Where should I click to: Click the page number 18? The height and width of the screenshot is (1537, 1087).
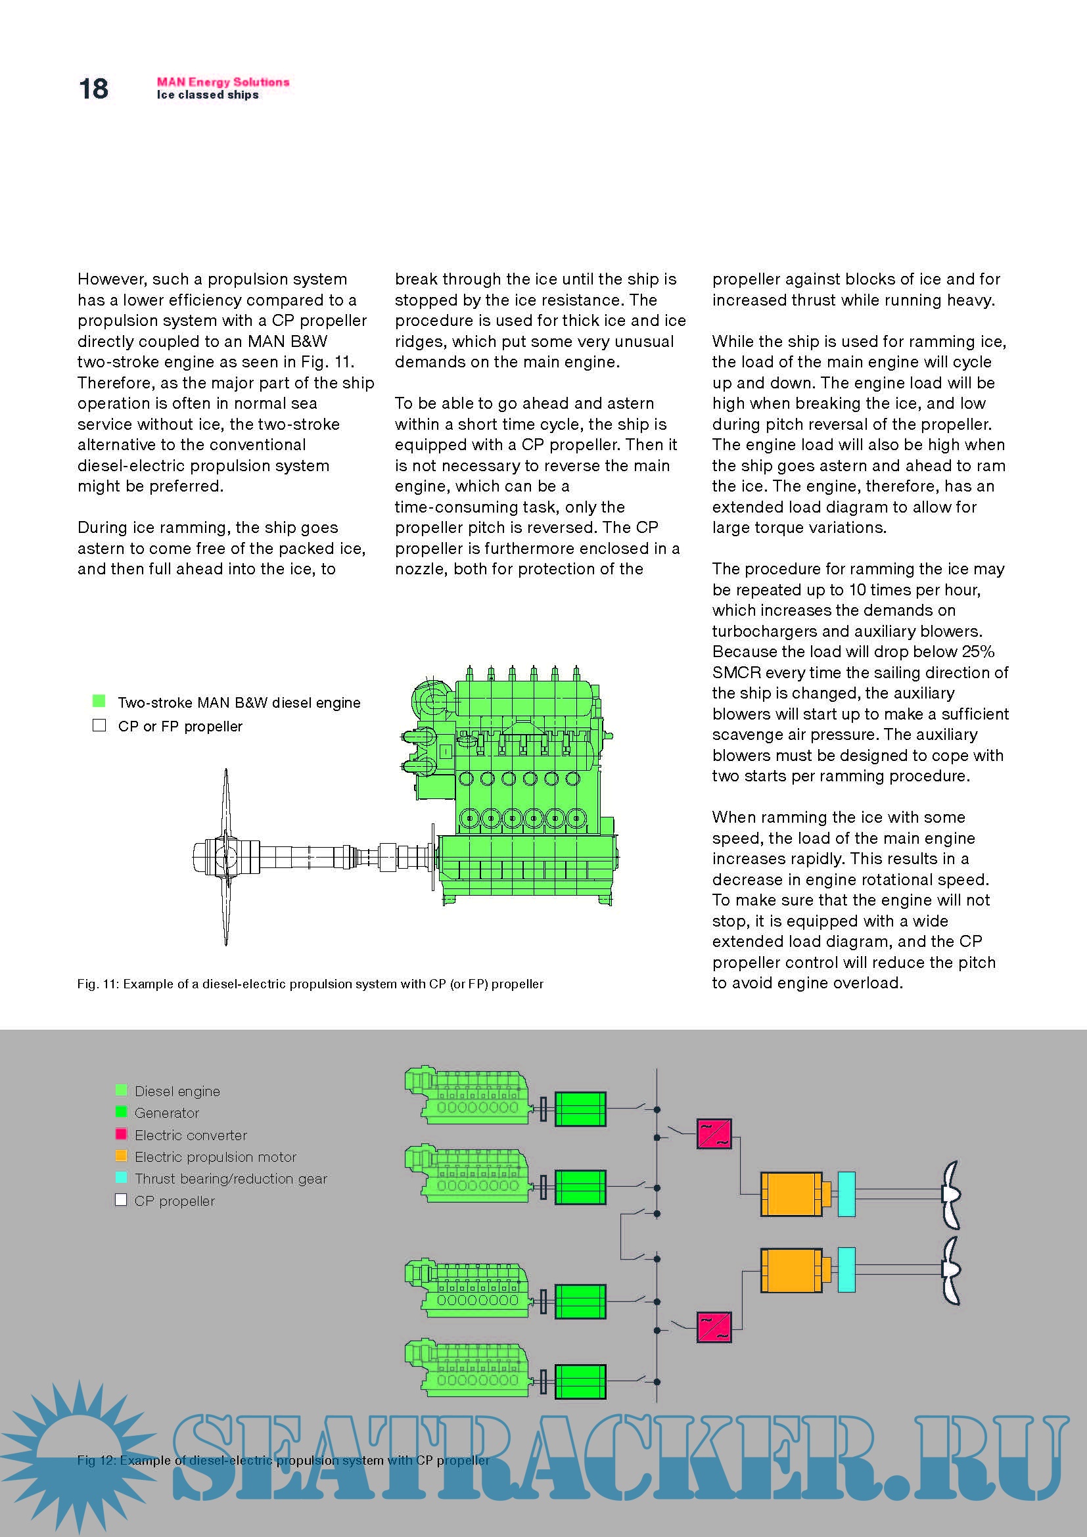pos(93,88)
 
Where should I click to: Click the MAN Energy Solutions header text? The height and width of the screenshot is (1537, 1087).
pos(223,82)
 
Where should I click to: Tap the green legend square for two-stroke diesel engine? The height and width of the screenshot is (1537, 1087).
pos(99,702)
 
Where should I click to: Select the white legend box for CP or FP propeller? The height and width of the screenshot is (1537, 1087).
pos(99,725)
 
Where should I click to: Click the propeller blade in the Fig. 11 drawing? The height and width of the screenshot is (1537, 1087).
pos(226,803)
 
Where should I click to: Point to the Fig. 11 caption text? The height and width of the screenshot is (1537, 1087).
pos(310,984)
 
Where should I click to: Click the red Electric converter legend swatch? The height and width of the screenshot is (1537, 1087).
pos(121,1134)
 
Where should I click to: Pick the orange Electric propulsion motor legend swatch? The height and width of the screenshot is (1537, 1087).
pos(121,1156)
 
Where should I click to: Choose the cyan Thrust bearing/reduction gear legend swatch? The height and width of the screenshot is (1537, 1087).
pos(121,1178)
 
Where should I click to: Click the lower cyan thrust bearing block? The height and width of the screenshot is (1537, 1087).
pos(846,1270)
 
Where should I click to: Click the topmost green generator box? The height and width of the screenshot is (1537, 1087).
pos(580,1109)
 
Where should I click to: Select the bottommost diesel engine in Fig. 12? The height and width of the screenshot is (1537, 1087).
pos(469,1375)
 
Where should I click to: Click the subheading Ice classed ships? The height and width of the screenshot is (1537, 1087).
pos(208,95)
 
